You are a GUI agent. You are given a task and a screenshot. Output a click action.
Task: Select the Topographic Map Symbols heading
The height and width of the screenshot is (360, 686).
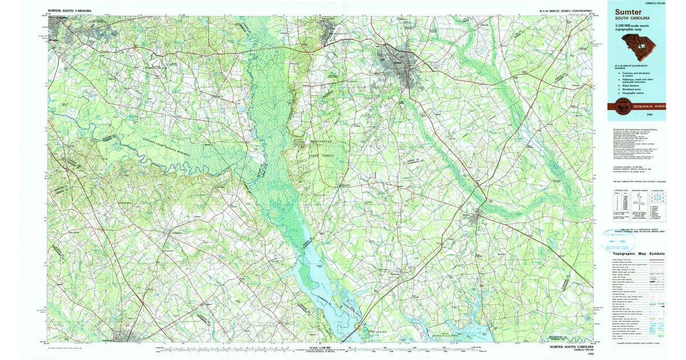(639, 253)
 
